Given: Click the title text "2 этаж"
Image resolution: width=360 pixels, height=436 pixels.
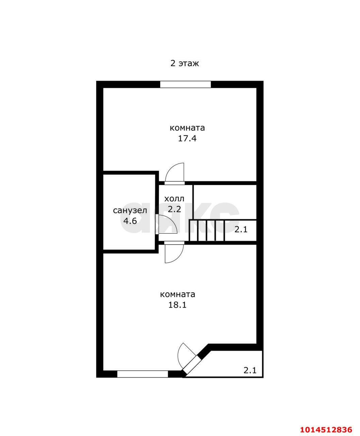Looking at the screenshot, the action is click(x=184, y=63).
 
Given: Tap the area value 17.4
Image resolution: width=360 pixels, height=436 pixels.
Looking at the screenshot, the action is click(x=187, y=139).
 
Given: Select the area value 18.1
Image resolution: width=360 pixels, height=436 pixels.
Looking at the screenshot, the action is click(x=177, y=305).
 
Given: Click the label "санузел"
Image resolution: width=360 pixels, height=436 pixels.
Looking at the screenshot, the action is click(x=130, y=211).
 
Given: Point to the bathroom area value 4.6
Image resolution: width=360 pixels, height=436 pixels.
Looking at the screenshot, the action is click(x=130, y=221).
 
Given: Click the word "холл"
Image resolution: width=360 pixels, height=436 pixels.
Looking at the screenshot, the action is click(x=174, y=199).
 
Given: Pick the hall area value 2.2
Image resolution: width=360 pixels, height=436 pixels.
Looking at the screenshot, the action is click(x=174, y=209).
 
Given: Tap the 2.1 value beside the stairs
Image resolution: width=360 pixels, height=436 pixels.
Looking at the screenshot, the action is click(x=241, y=230).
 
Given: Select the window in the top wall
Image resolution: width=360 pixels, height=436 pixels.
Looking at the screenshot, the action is click(x=185, y=84).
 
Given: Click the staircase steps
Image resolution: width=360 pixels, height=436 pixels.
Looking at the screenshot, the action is click(x=207, y=230).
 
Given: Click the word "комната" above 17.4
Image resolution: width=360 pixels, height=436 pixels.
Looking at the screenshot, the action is click(x=187, y=128).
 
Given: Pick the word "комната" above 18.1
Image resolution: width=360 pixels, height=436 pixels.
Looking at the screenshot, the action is click(x=178, y=294).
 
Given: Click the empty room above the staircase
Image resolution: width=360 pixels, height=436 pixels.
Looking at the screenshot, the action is click(x=225, y=202).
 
